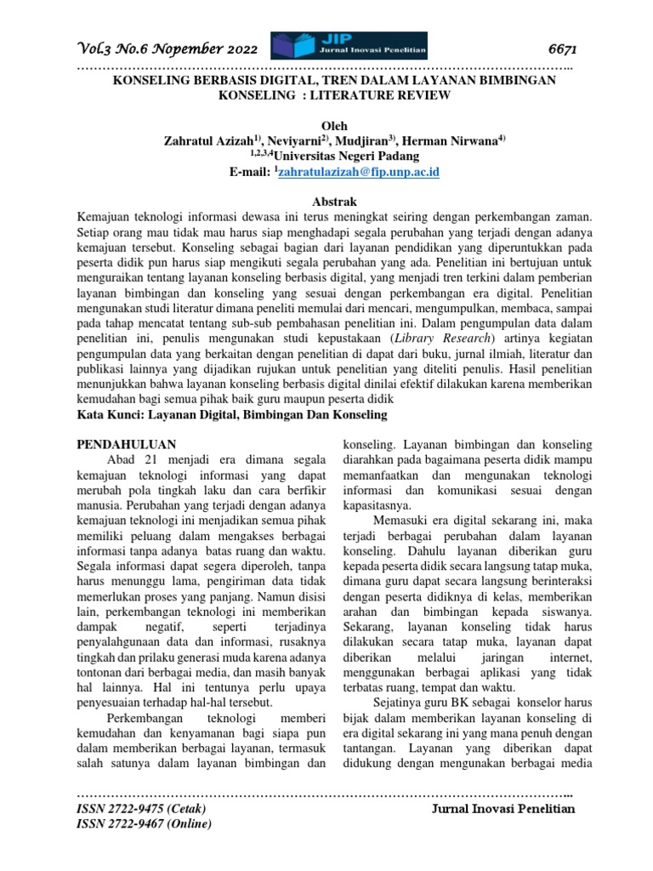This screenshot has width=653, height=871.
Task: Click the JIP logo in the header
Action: [x=349, y=46]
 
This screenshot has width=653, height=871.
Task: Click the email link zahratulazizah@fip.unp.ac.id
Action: [x=358, y=172]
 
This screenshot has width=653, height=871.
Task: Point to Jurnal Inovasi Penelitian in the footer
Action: [x=503, y=808]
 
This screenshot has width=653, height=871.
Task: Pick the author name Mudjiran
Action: [x=366, y=140]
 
